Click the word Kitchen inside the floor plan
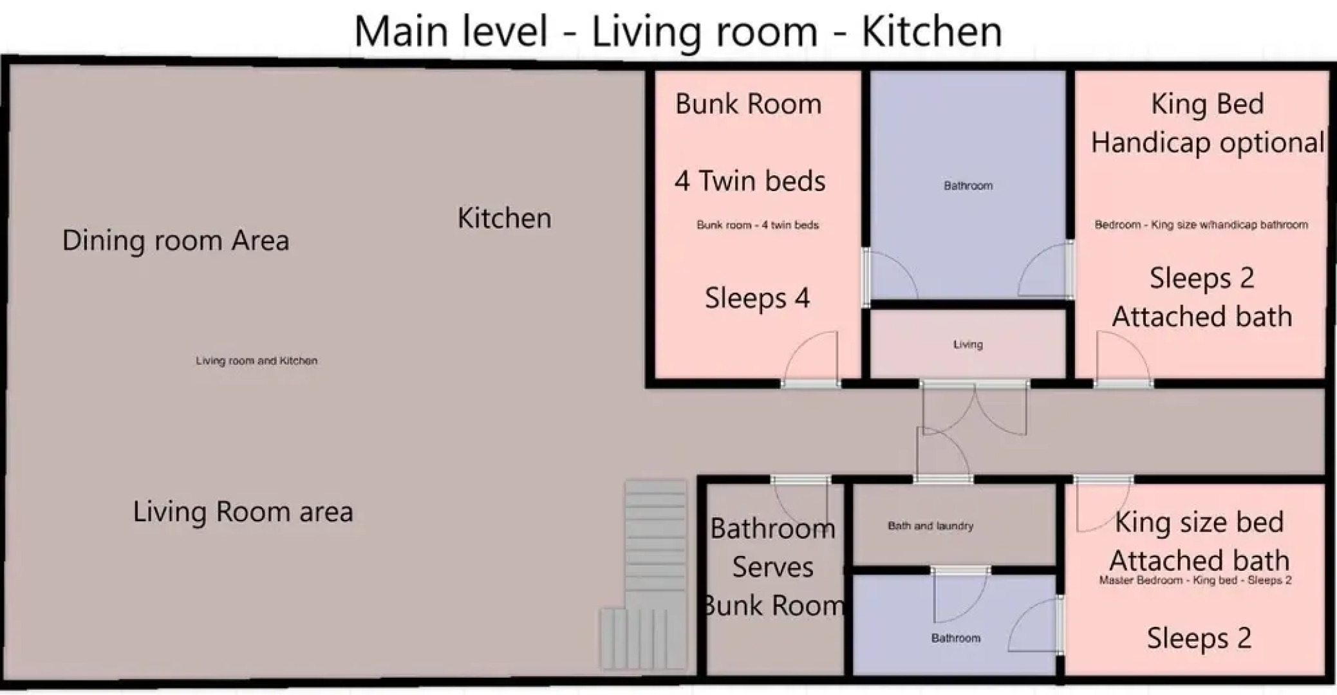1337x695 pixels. pos(504,218)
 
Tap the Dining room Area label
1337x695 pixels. pos(176,241)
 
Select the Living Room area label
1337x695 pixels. pos(243,512)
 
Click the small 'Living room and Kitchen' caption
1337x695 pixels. pos(256,361)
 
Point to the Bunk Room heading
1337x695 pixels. pos(748,104)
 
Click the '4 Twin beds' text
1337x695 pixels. pos(750,181)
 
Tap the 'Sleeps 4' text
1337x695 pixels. pos(757,298)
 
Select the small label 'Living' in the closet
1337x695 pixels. pos(968,344)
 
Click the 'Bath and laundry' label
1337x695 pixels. pos(930,526)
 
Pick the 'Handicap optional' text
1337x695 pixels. pos(1207,142)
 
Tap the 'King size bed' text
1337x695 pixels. pos(1199,522)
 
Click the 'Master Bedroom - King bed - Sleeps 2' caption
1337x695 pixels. pos(1195,580)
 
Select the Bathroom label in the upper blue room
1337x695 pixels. pos(968,186)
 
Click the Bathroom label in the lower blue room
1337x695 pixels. pos(956,638)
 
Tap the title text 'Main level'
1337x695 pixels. pos(451,31)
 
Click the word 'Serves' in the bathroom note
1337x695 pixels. pos(772,567)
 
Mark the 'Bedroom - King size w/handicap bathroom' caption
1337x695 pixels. pos(1201,225)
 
